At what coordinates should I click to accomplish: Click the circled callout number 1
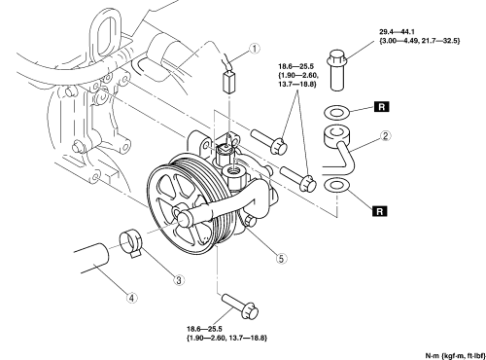pos(255,49)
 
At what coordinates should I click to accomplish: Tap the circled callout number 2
pos(385,136)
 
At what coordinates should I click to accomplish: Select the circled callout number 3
pos(179,279)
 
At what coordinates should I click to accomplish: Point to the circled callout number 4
pos(131,298)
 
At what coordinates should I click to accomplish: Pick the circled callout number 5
pos(281,259)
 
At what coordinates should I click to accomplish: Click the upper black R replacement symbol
pos(382,107)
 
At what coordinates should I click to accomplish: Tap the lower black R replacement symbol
pos(380,211)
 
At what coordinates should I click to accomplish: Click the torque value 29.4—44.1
pos(397,32)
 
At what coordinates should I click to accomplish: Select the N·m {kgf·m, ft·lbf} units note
pos(455,355)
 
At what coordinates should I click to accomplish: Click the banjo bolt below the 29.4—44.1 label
pos(338,70)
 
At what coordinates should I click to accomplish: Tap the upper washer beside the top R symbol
pos(336,113)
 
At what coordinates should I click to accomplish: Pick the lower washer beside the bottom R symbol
pos(336,185)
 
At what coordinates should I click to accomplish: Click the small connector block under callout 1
pos(229,83)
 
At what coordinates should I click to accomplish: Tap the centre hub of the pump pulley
pos(183,216)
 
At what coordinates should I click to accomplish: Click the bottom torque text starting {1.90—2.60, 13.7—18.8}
pos(226,338)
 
